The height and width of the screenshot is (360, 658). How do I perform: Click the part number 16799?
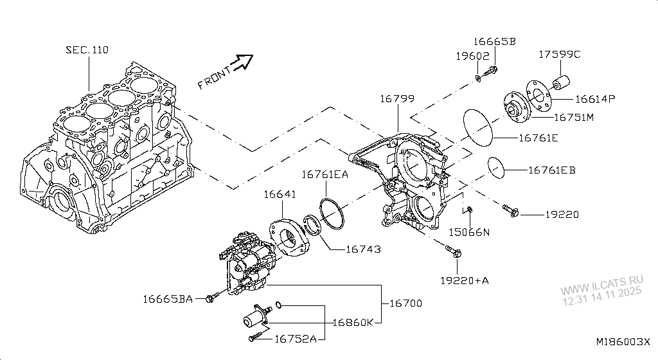pos(396,100)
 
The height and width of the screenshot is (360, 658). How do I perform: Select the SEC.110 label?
pos(87,50)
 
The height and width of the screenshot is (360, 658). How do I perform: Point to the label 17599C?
pos(559,55)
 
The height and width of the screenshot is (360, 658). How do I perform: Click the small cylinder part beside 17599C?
pos(561,84)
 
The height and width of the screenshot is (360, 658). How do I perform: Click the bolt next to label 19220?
pos(510,210)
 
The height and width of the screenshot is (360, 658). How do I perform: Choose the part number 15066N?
pos(468,232)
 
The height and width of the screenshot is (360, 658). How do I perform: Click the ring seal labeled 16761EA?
pos(329,213)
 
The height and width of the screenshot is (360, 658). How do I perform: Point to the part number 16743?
pos(363,249)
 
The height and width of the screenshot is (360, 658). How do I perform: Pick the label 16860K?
pos(352,321)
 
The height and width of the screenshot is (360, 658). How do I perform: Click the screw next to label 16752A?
pos(255,336)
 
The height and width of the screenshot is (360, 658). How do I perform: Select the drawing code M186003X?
pos(622,343)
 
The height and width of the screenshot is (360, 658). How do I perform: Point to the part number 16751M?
pos(573,118)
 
